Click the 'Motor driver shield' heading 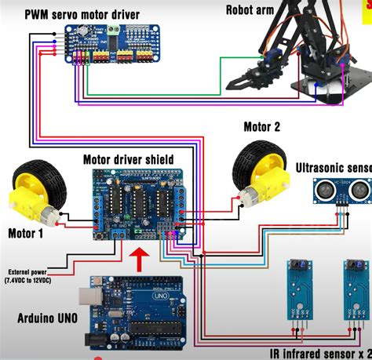tap(128, 159)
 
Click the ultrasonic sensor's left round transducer tap(322, 188)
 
